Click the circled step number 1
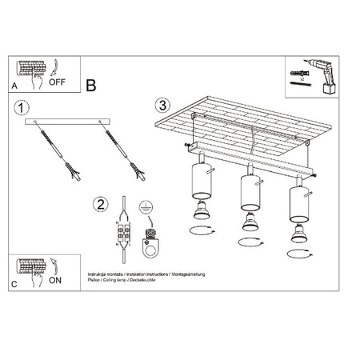pyautogui.click(x=22, y=106)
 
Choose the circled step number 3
pyautogui.click(x=162, y=104)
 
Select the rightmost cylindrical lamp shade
pyautogui.click(x=299, y=202)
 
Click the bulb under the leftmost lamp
pyautogui.click(x=200, y=211)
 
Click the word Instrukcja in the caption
pyautogui.click(x=98, y=273)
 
